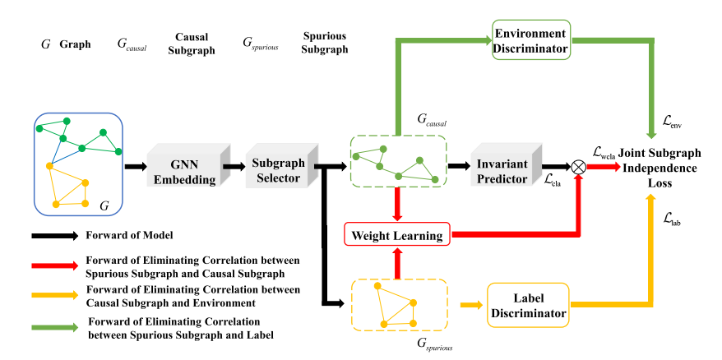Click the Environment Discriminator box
coord(530,41)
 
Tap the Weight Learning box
coord(396,236)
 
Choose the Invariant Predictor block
coord(502,167)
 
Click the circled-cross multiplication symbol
coord(579,166)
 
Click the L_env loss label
coord(672,124)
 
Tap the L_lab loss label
coord(672,219)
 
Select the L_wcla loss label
coord(609,152)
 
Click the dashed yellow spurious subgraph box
coord(399,304)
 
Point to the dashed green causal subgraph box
coord(399,161)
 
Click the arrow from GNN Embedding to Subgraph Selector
coord(234,166)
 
